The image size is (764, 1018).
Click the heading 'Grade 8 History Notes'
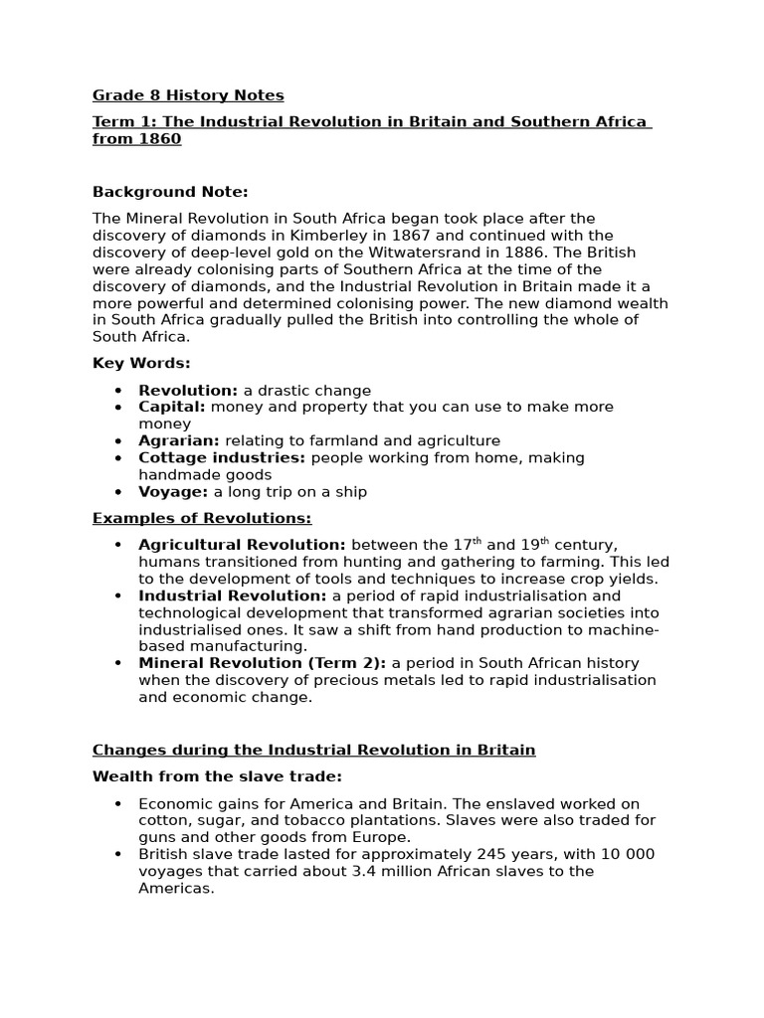(x=188, y=95)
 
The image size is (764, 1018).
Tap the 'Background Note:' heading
(x=170, y=191)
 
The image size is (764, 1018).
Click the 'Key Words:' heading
(x=141, y=363)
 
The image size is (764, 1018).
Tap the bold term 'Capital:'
(x=172, y=407)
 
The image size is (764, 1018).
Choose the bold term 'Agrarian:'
(x=179, y=440)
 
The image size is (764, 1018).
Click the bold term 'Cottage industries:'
(x=222, y=457)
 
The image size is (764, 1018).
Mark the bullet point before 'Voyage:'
(x=118, y=492)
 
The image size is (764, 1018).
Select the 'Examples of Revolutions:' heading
(x=202, y=518)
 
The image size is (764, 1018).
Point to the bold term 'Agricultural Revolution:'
(x=242, y=545)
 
